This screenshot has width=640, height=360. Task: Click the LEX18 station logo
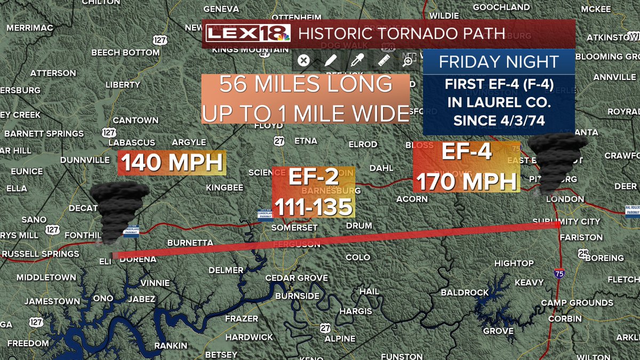pos(248,34)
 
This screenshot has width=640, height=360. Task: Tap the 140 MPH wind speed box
pos(172,163)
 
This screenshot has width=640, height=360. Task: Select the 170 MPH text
pos(467,182)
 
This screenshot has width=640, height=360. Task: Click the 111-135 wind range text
pos(313,206)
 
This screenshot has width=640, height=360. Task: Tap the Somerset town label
pos(294,228)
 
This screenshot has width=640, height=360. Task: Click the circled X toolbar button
pos(303,61)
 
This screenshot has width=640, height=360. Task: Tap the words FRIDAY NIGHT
pos(498,62)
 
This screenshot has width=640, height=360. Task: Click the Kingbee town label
pos(225,188)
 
